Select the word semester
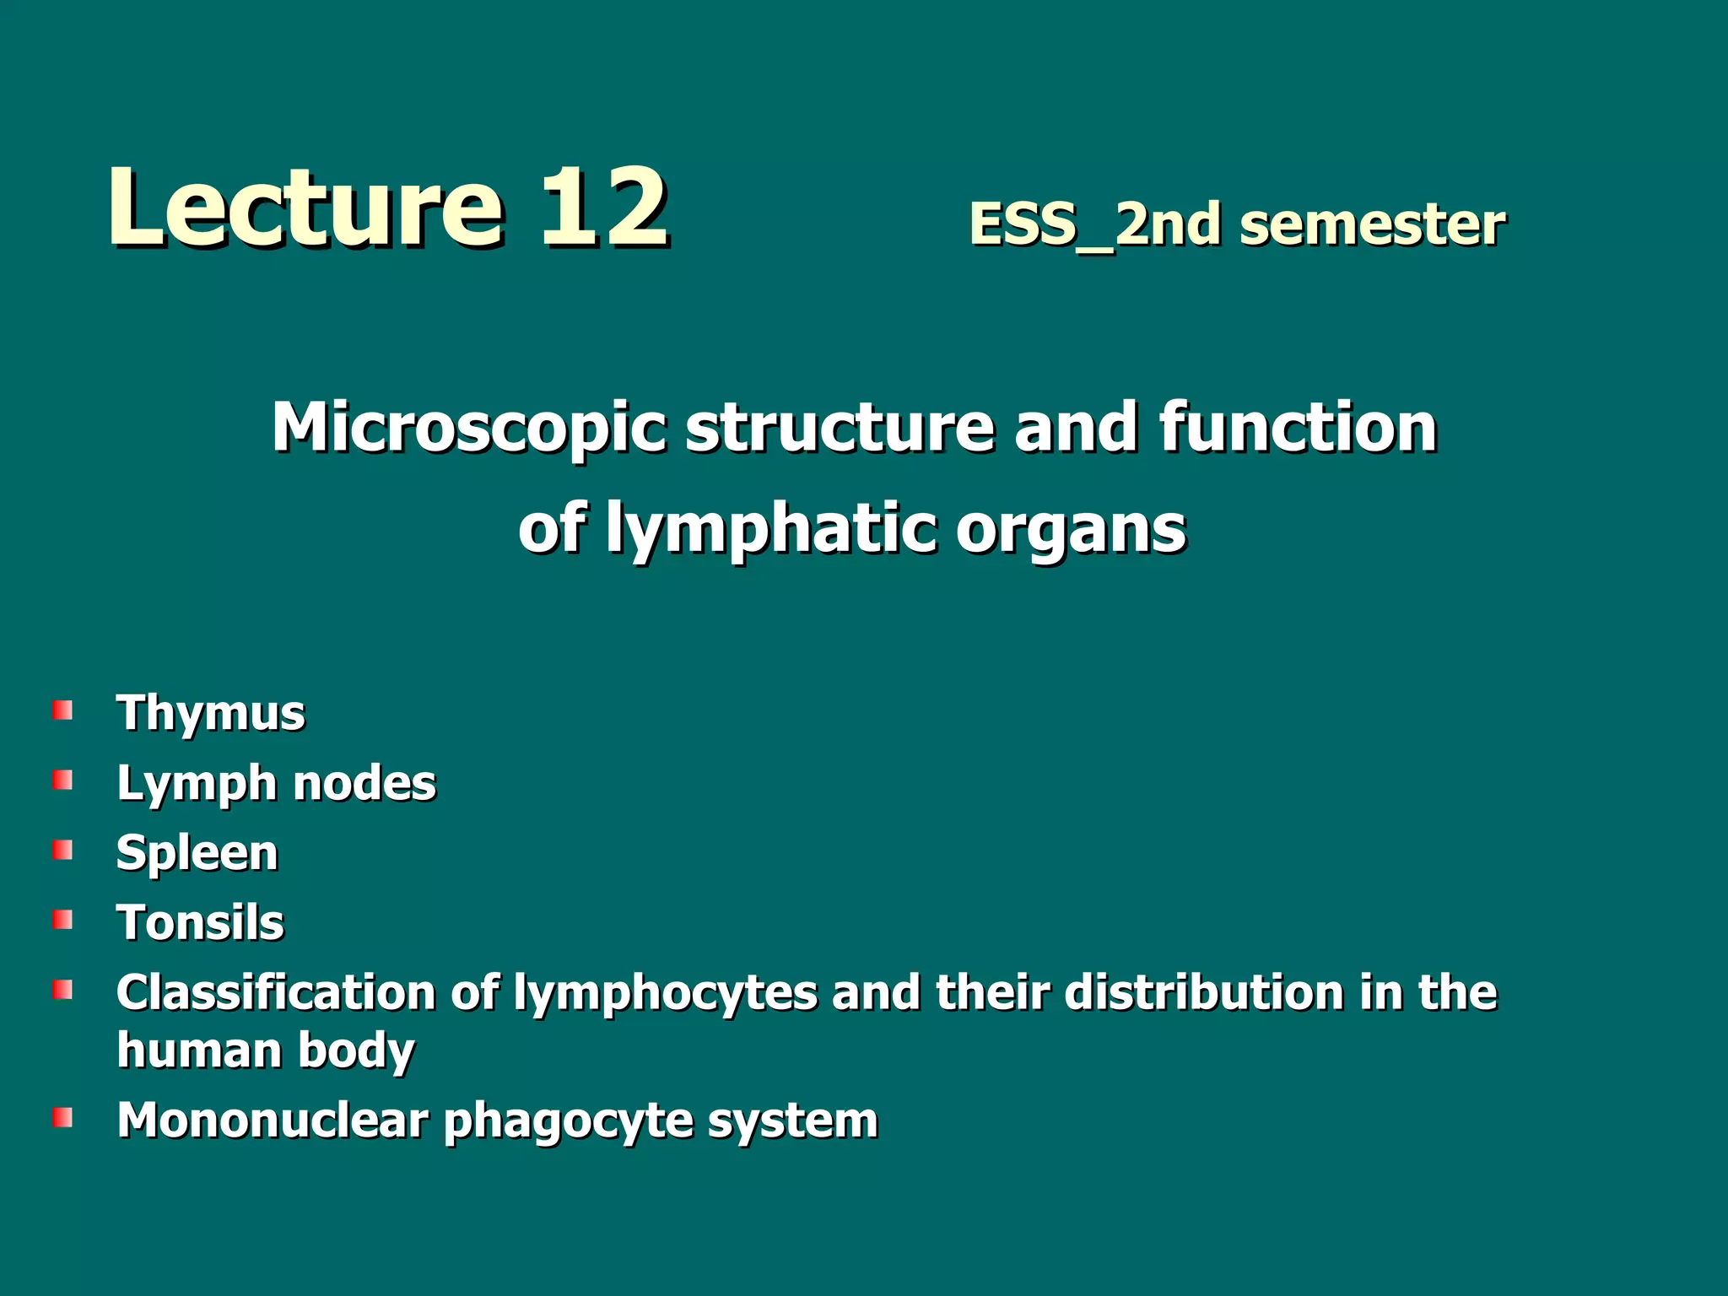click(1373, 225)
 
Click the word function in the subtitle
click(1298, 427)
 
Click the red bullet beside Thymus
click(62, 710)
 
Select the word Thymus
click(211, 714)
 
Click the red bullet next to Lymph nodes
click(62, 780)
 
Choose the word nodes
click(364, 783)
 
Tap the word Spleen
click(197, 853)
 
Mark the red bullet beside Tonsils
click(62, 919)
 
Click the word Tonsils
click(201, 922)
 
